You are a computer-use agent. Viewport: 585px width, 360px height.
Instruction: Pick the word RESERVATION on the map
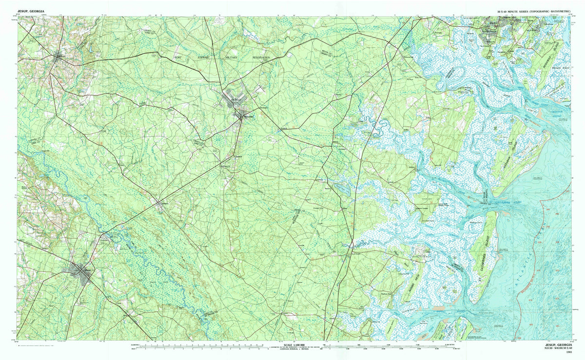pyautogui.click(x=265, y=57)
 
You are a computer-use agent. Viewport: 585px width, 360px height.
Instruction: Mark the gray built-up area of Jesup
pyautogui.click(x=79, y=271)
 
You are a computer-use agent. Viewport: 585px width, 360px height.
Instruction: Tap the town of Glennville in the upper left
pyautogui.click(x=61, y=57)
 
